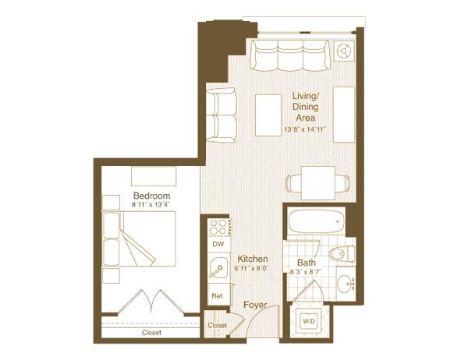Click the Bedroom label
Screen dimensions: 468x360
tap(151, 196)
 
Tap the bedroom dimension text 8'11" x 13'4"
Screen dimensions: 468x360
tap(153, 205)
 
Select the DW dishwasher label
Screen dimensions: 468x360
tap(218, 244)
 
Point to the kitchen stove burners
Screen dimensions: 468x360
tap(219, 228)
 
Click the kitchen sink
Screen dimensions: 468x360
tap(218, 267)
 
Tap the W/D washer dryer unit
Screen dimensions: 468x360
tap(309, 322)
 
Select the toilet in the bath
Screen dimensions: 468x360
tap(342, 254)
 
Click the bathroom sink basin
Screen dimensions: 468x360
tap(346, 284)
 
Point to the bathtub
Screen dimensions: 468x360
tap(316, 221)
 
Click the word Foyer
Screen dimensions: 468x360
tap(255, 305)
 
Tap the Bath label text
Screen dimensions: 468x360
tap(307, 263)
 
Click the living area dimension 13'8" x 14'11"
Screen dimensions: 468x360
tap(305, 129)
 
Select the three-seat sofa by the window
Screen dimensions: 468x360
tap(291, 55)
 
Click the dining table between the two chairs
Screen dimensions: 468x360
tap(318, 183)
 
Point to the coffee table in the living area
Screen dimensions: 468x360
tap(268, 115)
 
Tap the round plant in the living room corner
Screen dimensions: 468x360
tap(344, 51)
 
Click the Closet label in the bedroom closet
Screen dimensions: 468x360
tap(151, 332)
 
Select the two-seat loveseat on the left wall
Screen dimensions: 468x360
tap(222, 115)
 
